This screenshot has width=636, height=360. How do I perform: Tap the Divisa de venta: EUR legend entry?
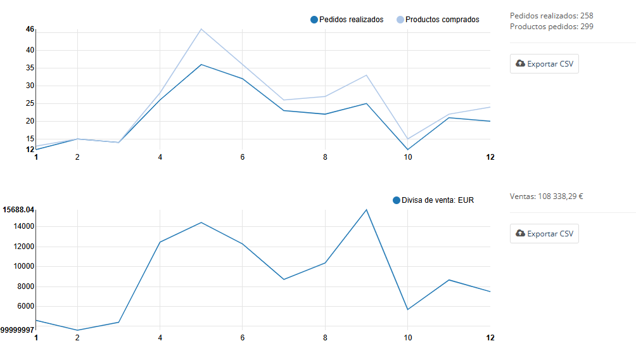pyautogui.click(x=433, y=200)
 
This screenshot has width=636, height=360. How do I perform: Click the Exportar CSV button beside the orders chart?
pyautogui.click(x=544, y=64)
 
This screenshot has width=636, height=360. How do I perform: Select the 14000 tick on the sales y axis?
pyautogui.click(x=25, y=226)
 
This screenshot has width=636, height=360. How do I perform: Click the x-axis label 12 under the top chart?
pyautogui.click(x=490, y=157)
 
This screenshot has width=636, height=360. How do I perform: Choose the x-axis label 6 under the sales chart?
pyautogui.click(x=243, y=338)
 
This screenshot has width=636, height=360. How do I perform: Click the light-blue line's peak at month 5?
pyautogui.click(x=201, y=29)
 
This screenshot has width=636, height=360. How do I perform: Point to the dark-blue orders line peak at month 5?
pyautogui.click(x=201, y=65)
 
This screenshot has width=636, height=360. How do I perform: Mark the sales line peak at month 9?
pyautogui.click(x=366, y=210)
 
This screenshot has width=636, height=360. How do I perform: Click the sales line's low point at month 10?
pyautogui.click(x=407, y=309)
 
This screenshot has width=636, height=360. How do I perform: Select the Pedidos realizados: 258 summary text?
pyautogui.click(x=551, y=16)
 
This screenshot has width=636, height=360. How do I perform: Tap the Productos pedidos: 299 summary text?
pyautogui.click(x=551, y=27)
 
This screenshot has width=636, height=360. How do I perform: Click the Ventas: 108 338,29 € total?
pyautogui.click(x=546, y=196)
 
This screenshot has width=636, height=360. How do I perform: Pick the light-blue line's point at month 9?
pyautogui.click(x=366, y=75)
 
